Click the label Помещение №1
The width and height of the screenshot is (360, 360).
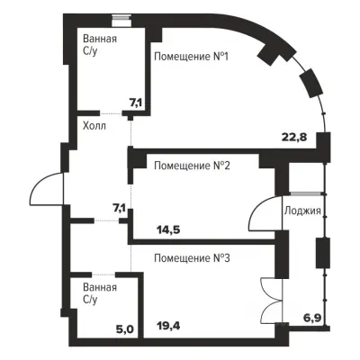click(191, 56)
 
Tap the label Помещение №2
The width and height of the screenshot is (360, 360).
click(192, 166)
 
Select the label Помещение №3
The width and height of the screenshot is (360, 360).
click(192, 258)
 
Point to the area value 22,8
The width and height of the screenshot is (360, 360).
click(294, 137)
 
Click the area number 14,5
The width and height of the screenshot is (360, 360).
click(168, 230)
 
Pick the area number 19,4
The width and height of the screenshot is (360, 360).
click(168, 325)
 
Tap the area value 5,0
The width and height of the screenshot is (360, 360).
click(125, 329)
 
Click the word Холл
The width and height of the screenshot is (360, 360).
click(94, 126)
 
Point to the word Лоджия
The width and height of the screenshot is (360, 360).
click(302, 211)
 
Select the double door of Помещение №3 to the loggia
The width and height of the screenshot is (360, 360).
click(272, 300)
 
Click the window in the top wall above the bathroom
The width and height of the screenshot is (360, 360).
click(121, 22)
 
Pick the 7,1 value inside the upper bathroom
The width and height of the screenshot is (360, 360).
click(135, 103)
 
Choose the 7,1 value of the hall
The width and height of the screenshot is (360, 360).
click(120, 208)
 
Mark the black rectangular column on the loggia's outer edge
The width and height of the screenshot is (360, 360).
click(323, 253)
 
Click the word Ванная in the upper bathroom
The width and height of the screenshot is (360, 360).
click(100, 39)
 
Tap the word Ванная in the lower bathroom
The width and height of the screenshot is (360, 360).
click(100, 287)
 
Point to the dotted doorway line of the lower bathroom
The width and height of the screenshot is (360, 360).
click(103, 274)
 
